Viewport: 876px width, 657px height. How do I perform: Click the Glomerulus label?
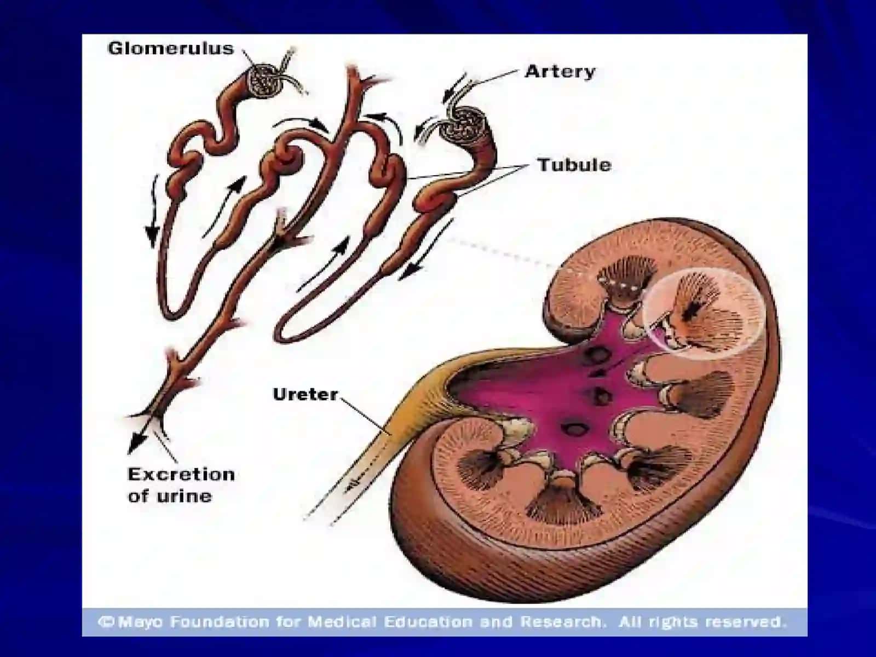tap(171, 49)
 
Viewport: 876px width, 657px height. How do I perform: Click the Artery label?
tap(560, 72)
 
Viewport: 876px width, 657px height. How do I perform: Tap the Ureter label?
tap(306, 395)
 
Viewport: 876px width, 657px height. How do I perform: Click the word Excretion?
tap(181, 475)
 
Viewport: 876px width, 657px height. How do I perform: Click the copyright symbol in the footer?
tap(107, 621)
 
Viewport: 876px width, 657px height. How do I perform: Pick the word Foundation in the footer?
tap(220, 621)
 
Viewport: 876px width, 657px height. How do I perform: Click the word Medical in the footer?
tap(343, 621)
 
